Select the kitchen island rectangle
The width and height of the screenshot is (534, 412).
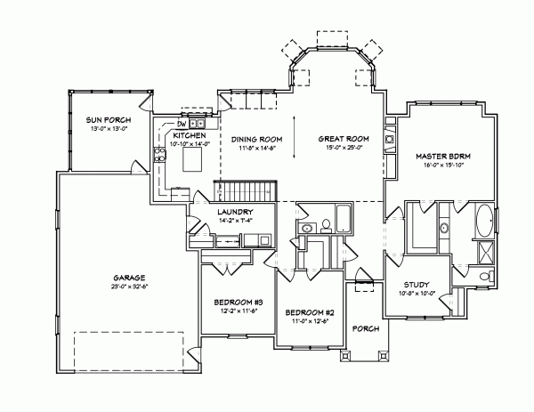[x=194, y=160]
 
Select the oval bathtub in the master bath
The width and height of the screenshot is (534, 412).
[x=483, y=220]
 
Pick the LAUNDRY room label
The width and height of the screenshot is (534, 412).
[x=236, y=212]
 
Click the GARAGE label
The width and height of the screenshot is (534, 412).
[x=130, y=277]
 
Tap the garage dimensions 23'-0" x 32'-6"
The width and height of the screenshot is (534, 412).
[x=130, y=287]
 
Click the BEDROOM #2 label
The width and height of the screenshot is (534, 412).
[x=309, y=313]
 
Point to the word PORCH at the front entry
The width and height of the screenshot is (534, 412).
[x=366, y=329]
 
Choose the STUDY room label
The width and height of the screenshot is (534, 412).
[x=417, y=285]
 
